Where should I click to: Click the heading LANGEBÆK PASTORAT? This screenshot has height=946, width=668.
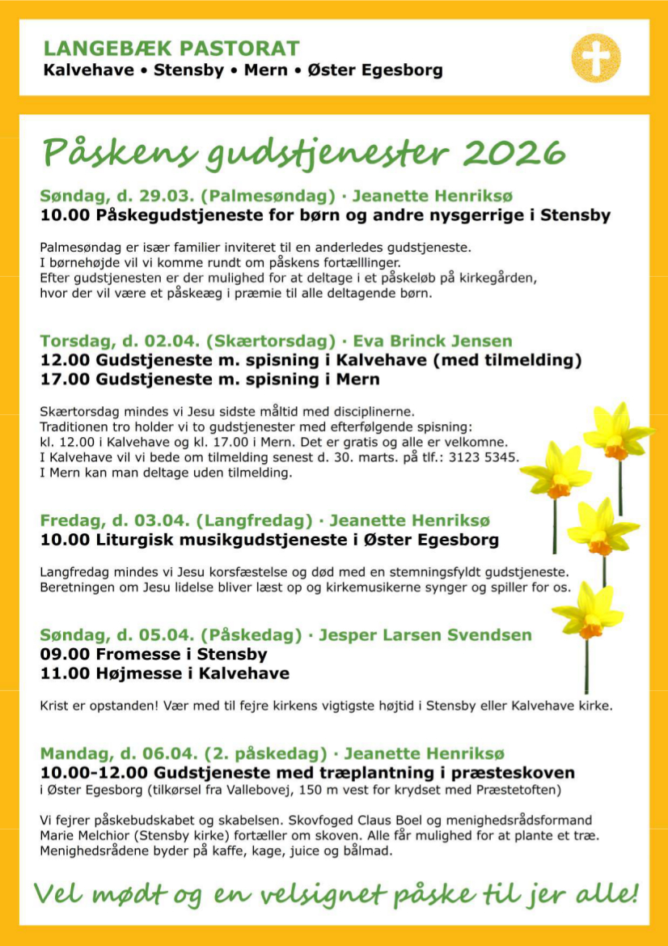(171, 49)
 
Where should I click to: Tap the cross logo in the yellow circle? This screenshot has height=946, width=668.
(596, 57)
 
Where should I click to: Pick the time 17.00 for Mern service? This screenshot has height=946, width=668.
(66, 379)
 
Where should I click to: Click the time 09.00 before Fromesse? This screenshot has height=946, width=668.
(66, 654)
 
